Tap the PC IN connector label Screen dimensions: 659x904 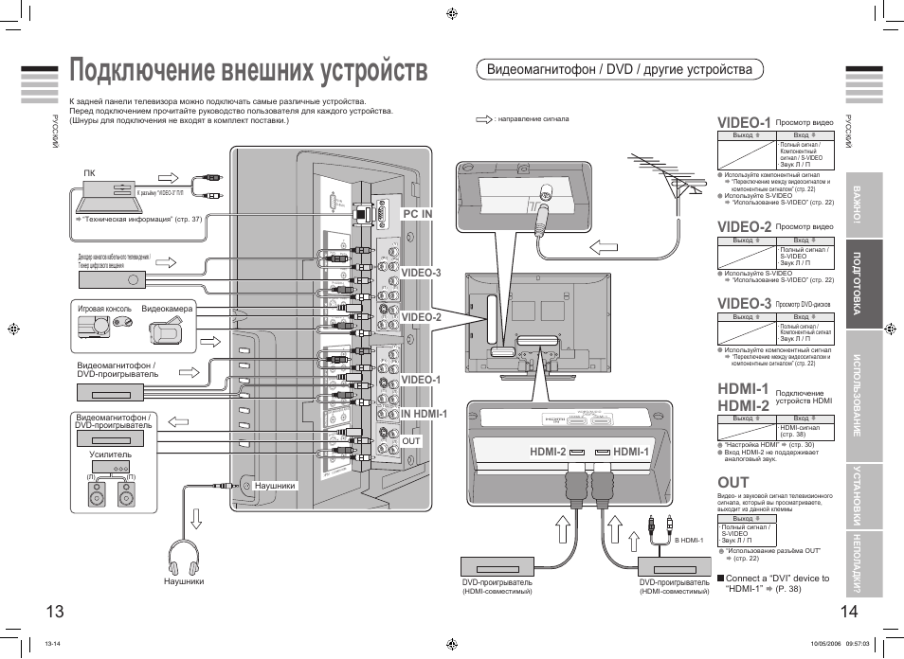tap(417, 214)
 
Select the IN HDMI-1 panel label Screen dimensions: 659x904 tap(423, 414)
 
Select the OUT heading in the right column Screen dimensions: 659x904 tap(733, 483)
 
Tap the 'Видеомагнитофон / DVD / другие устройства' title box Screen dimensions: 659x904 tap(619, 69)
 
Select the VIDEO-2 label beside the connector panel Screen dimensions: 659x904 tap(421, 317)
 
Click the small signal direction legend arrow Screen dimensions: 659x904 tap(484, 119)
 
